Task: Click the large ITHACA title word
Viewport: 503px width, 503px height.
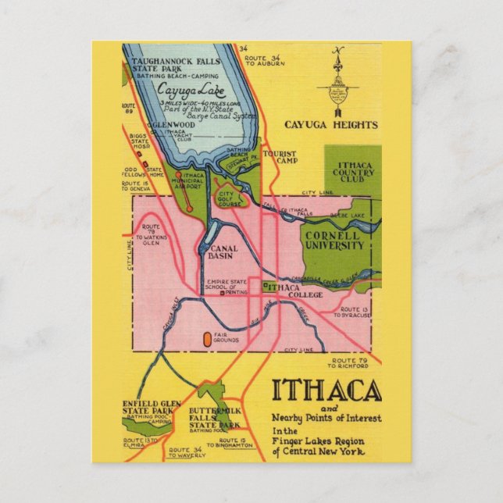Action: [326, 391]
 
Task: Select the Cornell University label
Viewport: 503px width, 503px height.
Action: [334, 240]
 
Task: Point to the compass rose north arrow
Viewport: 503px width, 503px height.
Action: [338, 78]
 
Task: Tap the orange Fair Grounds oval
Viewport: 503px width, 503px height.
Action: [207, 339]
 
